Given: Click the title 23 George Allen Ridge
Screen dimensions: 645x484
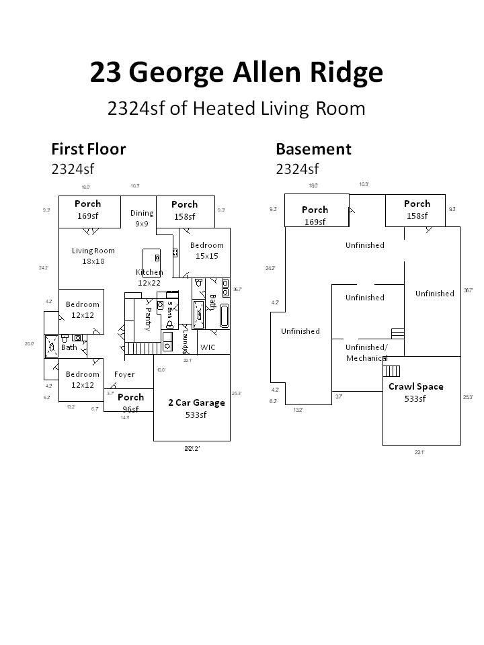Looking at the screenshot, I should click(237, 73).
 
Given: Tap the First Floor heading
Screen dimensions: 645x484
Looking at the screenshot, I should click(88, 148).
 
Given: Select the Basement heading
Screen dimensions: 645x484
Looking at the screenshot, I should click(313, 148).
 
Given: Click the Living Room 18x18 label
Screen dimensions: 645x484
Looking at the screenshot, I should click(93, 255).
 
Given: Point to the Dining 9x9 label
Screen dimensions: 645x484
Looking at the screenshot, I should click(142, 218).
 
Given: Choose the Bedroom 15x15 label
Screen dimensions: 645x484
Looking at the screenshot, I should click(206, 251).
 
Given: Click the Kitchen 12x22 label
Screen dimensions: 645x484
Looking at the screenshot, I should click(149, 277).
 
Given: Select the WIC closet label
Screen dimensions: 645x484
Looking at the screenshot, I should click(208, 347).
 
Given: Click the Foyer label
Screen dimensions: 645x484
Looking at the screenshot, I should click(124, 374).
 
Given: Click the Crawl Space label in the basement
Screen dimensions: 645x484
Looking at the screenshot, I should click(415, 392).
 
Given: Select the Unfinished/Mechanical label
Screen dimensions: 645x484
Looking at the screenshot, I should click(366, 353).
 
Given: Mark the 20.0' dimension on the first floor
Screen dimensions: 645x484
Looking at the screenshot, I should click(29, 343).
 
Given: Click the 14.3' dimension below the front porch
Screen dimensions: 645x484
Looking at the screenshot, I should click(125, 417).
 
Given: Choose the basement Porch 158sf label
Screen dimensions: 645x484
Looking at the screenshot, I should click(417, 210).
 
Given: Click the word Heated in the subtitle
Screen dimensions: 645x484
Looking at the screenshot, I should click(218, 108).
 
